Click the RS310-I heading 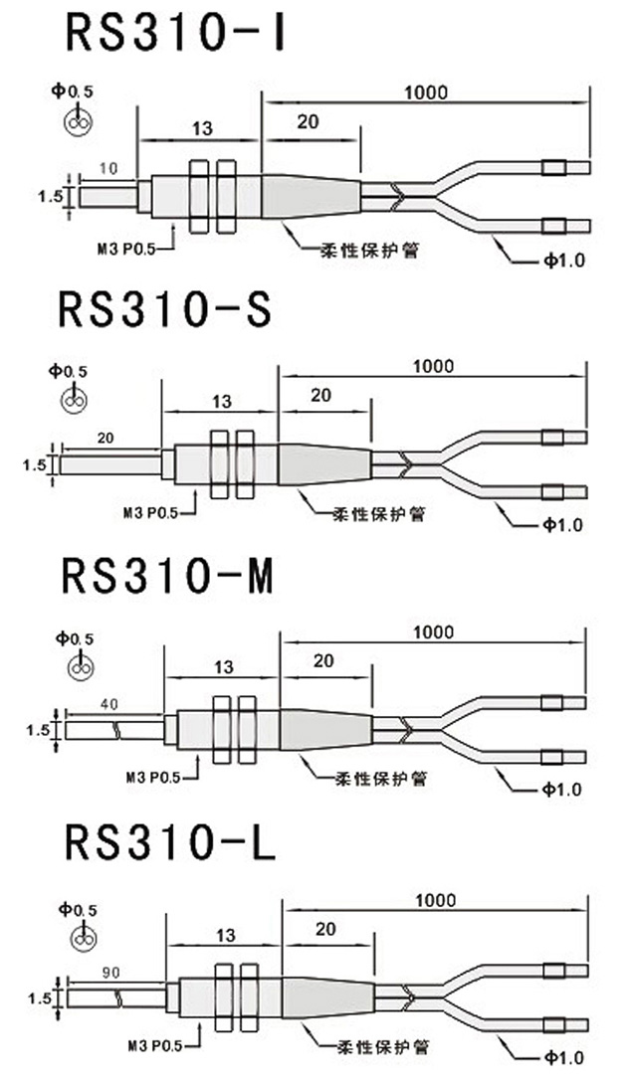[176, 32]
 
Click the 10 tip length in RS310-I [108, 170]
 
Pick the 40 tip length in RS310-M [109, 703]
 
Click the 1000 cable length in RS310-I [426, 92]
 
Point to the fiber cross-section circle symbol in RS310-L [82, 938]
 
